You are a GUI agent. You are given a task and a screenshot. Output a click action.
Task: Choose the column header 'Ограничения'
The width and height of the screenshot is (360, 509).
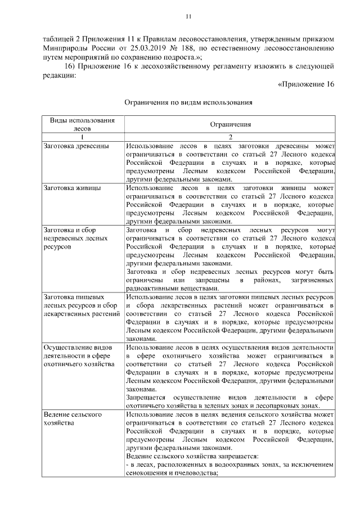tap(230, 124)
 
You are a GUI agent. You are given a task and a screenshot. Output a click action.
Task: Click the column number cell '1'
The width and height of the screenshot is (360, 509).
tap(82, 137)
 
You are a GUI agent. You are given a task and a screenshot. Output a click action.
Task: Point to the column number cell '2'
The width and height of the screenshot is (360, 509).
tap(230, 137)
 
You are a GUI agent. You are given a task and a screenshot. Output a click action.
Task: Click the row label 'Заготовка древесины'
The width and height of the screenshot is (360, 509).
tap(73, 146)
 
